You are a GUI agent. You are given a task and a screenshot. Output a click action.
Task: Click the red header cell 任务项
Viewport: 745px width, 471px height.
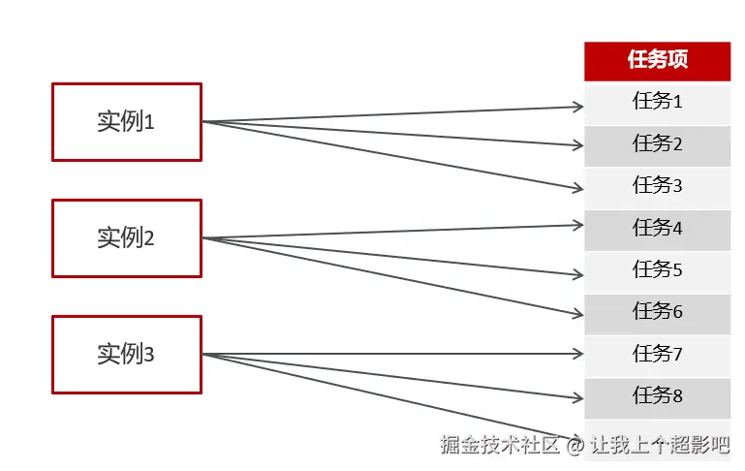(x=657, y=60)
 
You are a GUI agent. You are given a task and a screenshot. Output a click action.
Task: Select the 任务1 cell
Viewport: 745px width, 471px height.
(x=657, y=102)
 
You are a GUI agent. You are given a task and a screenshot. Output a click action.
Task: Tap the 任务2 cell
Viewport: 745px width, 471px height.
(x=657, y=144)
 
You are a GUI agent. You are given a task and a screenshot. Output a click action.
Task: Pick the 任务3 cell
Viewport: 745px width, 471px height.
(x=657, y=186)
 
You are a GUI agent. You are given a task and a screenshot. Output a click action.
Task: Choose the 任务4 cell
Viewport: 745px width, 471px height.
(x=657, y=229)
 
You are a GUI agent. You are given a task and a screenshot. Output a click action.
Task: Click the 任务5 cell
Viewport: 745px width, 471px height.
(x=657, y=270)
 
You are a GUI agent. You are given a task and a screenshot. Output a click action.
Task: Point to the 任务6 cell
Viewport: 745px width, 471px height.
(x=657, y=312)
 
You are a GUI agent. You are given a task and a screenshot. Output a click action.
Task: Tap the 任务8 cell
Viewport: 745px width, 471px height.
(x=657, y=396)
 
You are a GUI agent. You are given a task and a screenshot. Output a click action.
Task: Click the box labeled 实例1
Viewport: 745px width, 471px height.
(x=126, y=122)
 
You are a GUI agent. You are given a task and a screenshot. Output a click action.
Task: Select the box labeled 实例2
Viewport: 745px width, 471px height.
(x=126, y=238)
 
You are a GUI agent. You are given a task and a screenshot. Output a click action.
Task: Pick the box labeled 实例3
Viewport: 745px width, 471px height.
(x=126, y=355)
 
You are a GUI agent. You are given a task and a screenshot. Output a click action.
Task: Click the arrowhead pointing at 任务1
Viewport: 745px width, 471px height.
(x=577, y=107)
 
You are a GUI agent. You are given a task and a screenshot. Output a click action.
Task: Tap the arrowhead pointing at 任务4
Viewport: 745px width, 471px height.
(x=577, y=225)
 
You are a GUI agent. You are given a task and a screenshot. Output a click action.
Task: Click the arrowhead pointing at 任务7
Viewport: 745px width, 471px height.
(x=577, y=355)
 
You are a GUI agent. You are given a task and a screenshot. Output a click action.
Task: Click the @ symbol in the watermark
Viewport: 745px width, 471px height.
(x=575, y=446)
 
